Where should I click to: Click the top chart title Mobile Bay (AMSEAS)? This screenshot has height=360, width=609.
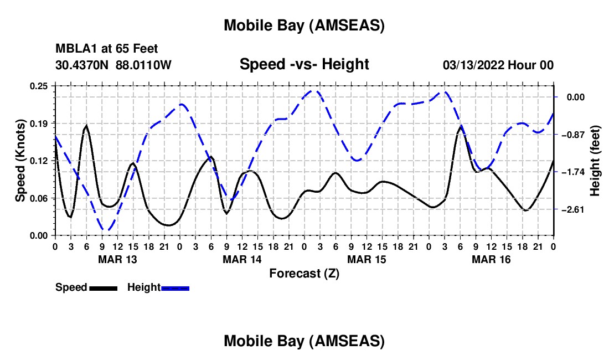304,25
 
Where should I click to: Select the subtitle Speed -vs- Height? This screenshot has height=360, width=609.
304,64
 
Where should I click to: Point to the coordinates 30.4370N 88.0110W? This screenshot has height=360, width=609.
113,65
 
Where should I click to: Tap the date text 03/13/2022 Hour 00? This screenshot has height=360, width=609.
498,65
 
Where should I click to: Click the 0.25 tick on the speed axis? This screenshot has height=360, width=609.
38,86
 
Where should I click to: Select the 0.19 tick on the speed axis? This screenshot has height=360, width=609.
38,123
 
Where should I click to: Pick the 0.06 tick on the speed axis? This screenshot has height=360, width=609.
38,198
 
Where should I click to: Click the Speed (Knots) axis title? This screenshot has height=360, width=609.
20,161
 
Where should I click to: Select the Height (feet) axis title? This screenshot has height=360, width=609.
595,161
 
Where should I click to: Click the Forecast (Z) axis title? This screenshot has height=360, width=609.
304,273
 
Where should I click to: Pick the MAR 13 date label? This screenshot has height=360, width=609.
117,259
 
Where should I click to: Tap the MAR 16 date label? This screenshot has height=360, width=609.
491,259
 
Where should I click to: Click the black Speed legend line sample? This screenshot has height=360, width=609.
103,287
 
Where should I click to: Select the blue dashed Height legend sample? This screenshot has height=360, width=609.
176,287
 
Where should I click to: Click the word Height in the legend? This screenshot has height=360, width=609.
143,287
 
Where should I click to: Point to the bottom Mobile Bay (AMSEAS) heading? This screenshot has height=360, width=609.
304,341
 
